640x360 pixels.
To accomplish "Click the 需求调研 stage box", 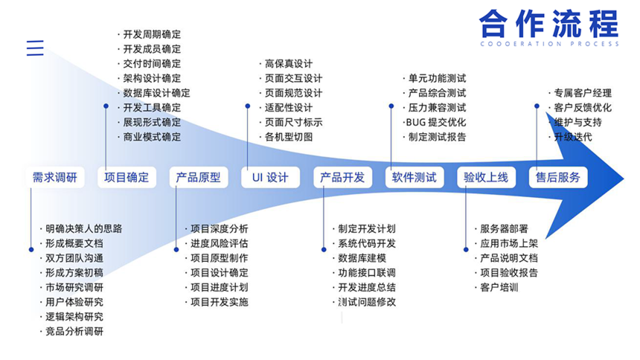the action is tap(55, 178).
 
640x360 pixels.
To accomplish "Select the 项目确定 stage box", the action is tap(127, 178).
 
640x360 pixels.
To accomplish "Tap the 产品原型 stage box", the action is tap(199, 178).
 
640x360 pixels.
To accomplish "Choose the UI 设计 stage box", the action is tap(271, 178).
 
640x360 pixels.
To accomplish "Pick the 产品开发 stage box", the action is tap(343, 178).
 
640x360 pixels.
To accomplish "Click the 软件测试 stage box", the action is tap(415, 178).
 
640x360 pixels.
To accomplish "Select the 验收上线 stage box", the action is tap(487, 178).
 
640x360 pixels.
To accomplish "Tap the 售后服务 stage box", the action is tap(558, 178).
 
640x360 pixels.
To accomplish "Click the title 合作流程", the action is tap(549, 24).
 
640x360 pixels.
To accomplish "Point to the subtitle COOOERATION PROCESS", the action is tap(550, 44).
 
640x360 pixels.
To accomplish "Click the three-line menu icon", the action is tap(35, 48).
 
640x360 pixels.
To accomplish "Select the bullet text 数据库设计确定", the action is tap(157, 93).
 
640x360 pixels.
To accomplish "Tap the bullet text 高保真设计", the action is tap(289, 64).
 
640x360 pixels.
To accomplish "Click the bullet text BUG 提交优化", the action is tap(436, 123).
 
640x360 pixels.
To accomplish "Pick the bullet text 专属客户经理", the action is tap(583, 93).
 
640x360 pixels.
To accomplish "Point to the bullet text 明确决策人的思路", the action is tap(83, 228).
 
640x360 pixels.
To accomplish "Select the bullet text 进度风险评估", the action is tap(220, 243).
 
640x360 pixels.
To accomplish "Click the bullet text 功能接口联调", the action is tap(367, 273).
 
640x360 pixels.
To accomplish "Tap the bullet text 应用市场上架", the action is tap(509, 243).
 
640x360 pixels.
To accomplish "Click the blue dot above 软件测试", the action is tap(391, 106).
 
